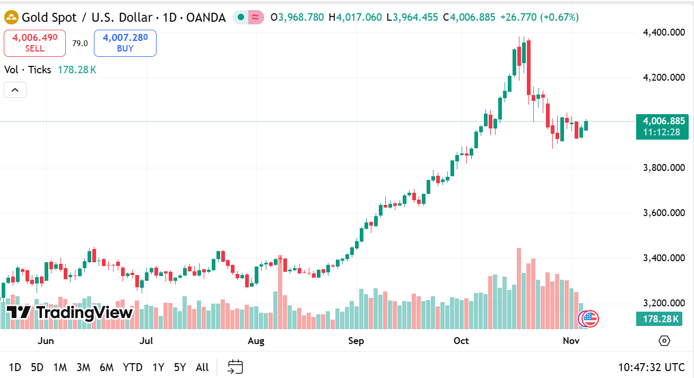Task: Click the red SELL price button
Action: (x=34, y=43)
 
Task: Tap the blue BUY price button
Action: (x=125, y=43)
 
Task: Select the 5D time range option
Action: (x=37, y=367)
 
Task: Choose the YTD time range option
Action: (x=133, y=367)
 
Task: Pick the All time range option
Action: (x=202, y=367)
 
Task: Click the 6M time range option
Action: (x=107, y=367)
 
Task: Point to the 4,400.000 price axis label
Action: (x=663, y=32)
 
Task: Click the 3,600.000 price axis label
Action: (x=663, y=213)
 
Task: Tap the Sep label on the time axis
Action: (x=356, y=341)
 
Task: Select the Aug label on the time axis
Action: (x=256, y=341)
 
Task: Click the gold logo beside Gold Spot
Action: (x=11, y=18)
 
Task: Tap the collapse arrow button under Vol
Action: (x=15, y=90)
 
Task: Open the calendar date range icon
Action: (x=236, y=367)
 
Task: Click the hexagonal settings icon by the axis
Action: (x=664, y=341)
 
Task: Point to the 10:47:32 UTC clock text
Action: (x=651, y=367)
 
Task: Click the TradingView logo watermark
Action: (x=70, y=313)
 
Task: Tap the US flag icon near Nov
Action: (x=590, y=319)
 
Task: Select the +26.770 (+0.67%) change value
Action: (x=539, y=17)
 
